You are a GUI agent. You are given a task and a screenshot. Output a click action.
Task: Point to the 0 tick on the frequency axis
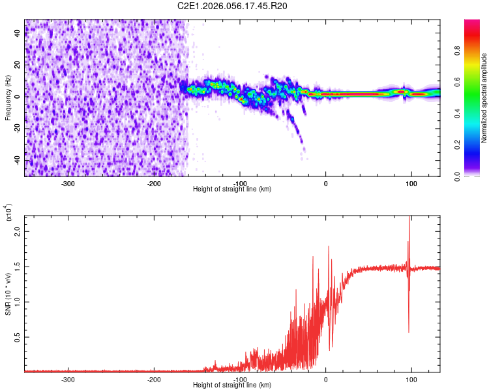pos(18,97)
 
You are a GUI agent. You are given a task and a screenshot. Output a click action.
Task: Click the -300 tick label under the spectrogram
pos(68,184)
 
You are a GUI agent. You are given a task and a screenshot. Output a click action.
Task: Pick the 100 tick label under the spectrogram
pos(411,184)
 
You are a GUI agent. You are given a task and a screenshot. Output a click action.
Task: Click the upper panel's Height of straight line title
pos(232,189)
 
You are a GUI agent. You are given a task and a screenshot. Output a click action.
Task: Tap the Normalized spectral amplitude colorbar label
pos(484,98)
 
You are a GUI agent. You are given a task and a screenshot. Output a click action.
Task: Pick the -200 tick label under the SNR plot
pos(155,379)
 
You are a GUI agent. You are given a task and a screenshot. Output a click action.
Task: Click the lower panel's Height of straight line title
pos(232,385)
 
